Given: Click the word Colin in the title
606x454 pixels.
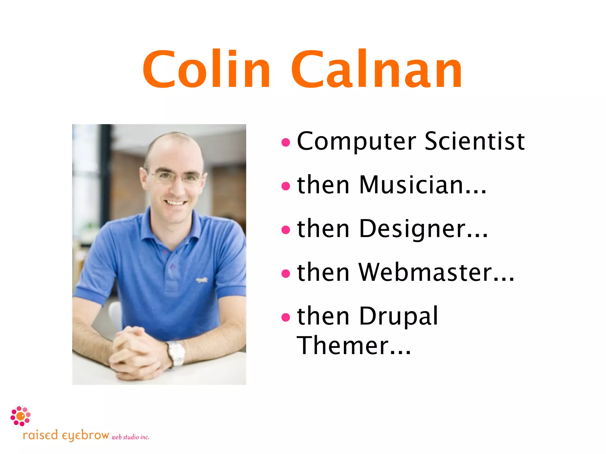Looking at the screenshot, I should pyautogui.click(x=206, y=69).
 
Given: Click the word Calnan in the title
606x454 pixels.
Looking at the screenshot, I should pyautogui.click(x=376, y=69).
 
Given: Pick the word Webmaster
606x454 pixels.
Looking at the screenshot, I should pyautogui.click(x=436, y=272).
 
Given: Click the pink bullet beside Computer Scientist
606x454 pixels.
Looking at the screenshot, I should pyautogui.click(x=286, y=143).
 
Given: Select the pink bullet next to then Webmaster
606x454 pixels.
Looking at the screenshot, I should pyautogui.click(x=286, y=273).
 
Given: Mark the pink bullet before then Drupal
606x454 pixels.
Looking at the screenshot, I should pyautogui.click(x=286, y=317).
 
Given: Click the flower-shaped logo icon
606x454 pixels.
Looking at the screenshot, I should pyautogui.click(x=20, y=416).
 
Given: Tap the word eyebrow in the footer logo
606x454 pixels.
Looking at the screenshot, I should pyautogui.click(x=86, y=436).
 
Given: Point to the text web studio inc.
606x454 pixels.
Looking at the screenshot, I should pyautogui.click(x=130, y=437).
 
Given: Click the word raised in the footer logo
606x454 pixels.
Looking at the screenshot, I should pyautogui.click(x=40, y=435).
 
